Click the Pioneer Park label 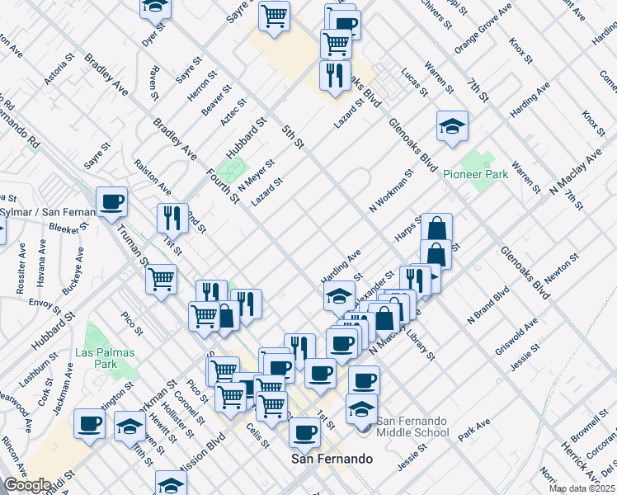point(475,175)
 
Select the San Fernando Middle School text point(413,427)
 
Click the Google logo point(26,485)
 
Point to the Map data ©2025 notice point(582,488)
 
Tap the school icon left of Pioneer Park point(452,127)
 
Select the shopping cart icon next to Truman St point(162,278)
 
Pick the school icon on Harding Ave point(339,295)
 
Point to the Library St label point(426,344)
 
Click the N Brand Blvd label point(489,305)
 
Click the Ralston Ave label point(153,176)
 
